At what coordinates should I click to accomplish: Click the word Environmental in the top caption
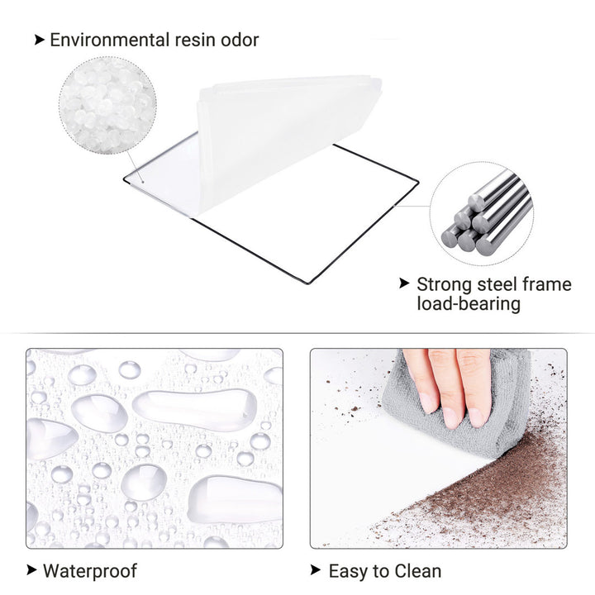pos(110,40)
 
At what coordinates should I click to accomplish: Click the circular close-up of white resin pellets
pos(107,106)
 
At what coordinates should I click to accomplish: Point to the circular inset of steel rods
pos(482,214)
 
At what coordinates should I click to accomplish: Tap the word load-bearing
pos(469,303)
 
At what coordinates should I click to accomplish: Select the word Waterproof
pos(89,571)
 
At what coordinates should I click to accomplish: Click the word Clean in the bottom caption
pos(418,571)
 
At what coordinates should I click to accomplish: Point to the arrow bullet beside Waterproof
pos(32,569)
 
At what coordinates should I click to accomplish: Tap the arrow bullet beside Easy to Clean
pos(316,569)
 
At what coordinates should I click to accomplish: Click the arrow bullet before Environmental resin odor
pos(40,40)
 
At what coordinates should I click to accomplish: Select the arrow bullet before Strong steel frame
pos(404,283)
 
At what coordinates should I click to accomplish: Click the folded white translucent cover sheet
pos(281,140)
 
